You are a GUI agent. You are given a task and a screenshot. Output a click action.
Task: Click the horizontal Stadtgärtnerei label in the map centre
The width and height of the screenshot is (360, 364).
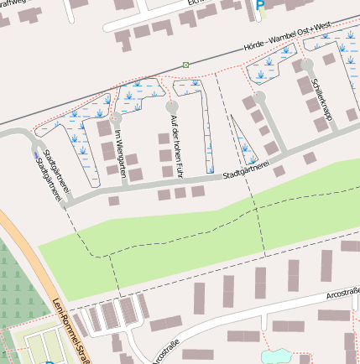[246, 170]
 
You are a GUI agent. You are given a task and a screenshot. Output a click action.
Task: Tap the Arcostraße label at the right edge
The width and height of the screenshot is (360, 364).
[342, 293]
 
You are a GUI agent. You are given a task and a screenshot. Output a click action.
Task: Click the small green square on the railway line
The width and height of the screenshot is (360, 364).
[185, 65]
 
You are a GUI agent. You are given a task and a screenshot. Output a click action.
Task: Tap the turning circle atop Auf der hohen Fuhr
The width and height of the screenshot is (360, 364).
[172, 107]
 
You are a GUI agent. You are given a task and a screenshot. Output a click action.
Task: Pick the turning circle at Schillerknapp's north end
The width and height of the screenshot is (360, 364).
[308, 64]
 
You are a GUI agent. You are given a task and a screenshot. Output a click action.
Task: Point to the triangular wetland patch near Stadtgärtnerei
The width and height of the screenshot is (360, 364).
[244, 144]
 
